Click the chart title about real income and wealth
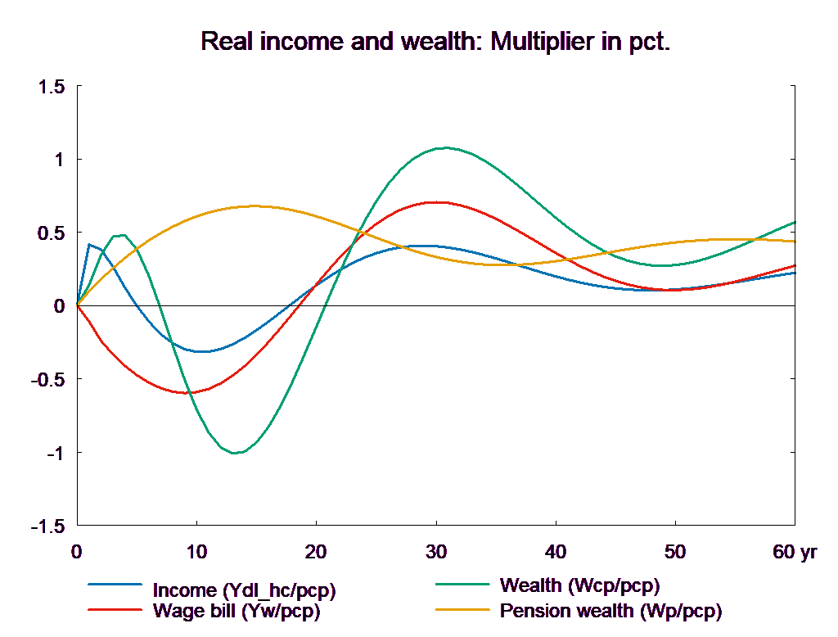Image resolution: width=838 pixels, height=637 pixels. (x=435, y=42)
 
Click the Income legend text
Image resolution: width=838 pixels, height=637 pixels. (x=244, y=590)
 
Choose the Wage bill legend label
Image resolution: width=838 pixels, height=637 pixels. (x=237, y=611)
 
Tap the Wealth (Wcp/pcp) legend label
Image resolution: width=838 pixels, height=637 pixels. (x=579, y=585)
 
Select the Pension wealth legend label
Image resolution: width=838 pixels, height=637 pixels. (x=610, y=611)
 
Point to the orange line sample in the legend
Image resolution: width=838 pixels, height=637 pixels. (x=462, y=610)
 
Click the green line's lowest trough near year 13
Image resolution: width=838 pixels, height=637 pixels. (x=236, y=453)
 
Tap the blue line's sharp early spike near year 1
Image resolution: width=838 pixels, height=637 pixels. (x=88, y=244)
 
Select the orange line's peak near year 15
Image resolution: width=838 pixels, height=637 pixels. (x=254, y=206)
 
